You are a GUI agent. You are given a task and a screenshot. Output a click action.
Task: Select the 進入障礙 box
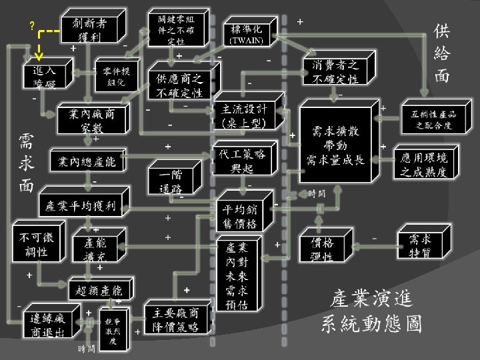tap(40, 77)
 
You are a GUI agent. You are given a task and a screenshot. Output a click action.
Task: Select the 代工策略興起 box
tap(241, 160)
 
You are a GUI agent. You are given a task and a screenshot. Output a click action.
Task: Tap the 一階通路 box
tap(171, 180)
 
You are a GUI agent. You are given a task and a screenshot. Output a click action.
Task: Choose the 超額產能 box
tap(99, 290)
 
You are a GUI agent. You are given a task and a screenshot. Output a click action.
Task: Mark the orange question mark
tap(31, 25)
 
